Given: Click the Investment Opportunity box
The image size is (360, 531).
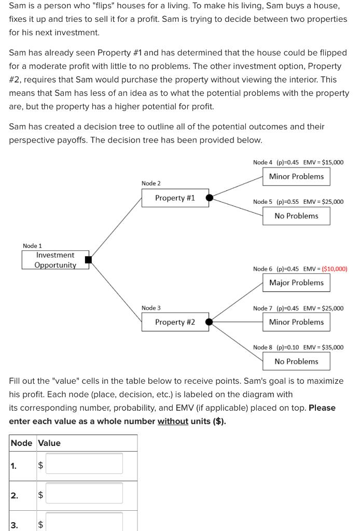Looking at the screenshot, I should tap(55, 260).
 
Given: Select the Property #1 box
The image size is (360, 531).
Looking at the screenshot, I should tap(175, 198).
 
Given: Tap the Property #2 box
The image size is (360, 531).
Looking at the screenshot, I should tap(175, 322).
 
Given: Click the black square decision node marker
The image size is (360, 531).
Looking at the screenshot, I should tap(88, 260).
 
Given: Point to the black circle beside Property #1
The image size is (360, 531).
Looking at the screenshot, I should tap(209, 198).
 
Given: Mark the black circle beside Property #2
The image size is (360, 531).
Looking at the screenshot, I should tap(209, 322).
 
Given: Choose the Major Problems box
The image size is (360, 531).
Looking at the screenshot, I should tap(296, 283).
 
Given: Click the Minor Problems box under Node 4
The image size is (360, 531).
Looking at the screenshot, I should tap(296, 176).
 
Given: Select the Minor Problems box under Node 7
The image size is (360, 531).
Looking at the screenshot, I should tap(296, 322).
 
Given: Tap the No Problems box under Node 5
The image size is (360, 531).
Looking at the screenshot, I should tap(296, 216).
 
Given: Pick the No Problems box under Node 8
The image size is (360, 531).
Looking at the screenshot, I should tap(296, 361).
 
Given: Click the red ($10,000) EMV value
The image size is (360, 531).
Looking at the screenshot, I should tap(335, 269).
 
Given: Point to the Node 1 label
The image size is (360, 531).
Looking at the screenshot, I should tap(32, 245).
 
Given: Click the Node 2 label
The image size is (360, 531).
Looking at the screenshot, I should tap(151, 184).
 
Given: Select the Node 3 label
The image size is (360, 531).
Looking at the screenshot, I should tap(151, 308).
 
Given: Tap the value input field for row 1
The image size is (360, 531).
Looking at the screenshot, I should tap(85, 463).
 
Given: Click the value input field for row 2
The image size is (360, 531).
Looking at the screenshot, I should tap(85, 493).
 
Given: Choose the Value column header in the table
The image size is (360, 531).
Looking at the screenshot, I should tap(49, 443).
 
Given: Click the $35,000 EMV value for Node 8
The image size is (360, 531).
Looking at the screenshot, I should tap(333, 347).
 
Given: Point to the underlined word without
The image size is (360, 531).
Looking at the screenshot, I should tap(173, 421).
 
